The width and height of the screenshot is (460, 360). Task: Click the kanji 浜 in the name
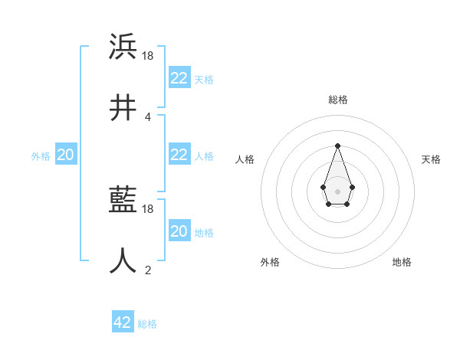click(123, 47)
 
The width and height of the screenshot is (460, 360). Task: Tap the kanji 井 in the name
click(123, 108)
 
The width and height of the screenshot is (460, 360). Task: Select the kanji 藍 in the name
click(123, 201)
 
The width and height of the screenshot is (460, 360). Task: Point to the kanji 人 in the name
click(123, 260)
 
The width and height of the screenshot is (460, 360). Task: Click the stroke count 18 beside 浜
click(149, 56)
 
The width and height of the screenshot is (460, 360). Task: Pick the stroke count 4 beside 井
click(147, 116)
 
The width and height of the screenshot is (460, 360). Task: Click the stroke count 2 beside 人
click(147, 270)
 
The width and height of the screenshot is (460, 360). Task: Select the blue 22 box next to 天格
click(179, 77)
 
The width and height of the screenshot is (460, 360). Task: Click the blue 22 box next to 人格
click(179, 154)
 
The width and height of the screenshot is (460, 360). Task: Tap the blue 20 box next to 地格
click(179, 231)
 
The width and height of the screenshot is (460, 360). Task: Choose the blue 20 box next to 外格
click(65, 154)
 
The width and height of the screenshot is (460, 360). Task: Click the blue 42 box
click(122, 322)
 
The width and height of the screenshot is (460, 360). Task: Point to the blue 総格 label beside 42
click(147, 324)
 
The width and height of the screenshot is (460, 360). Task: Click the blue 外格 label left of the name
click(41, 156)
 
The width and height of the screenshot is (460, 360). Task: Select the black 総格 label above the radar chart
click(337, 100)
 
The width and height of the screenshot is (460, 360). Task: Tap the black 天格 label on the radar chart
click(431, 159)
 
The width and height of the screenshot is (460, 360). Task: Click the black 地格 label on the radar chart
click(402, 262)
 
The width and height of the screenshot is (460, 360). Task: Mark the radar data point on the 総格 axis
click(337, 146)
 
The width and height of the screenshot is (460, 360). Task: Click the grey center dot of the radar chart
click(337, 191)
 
